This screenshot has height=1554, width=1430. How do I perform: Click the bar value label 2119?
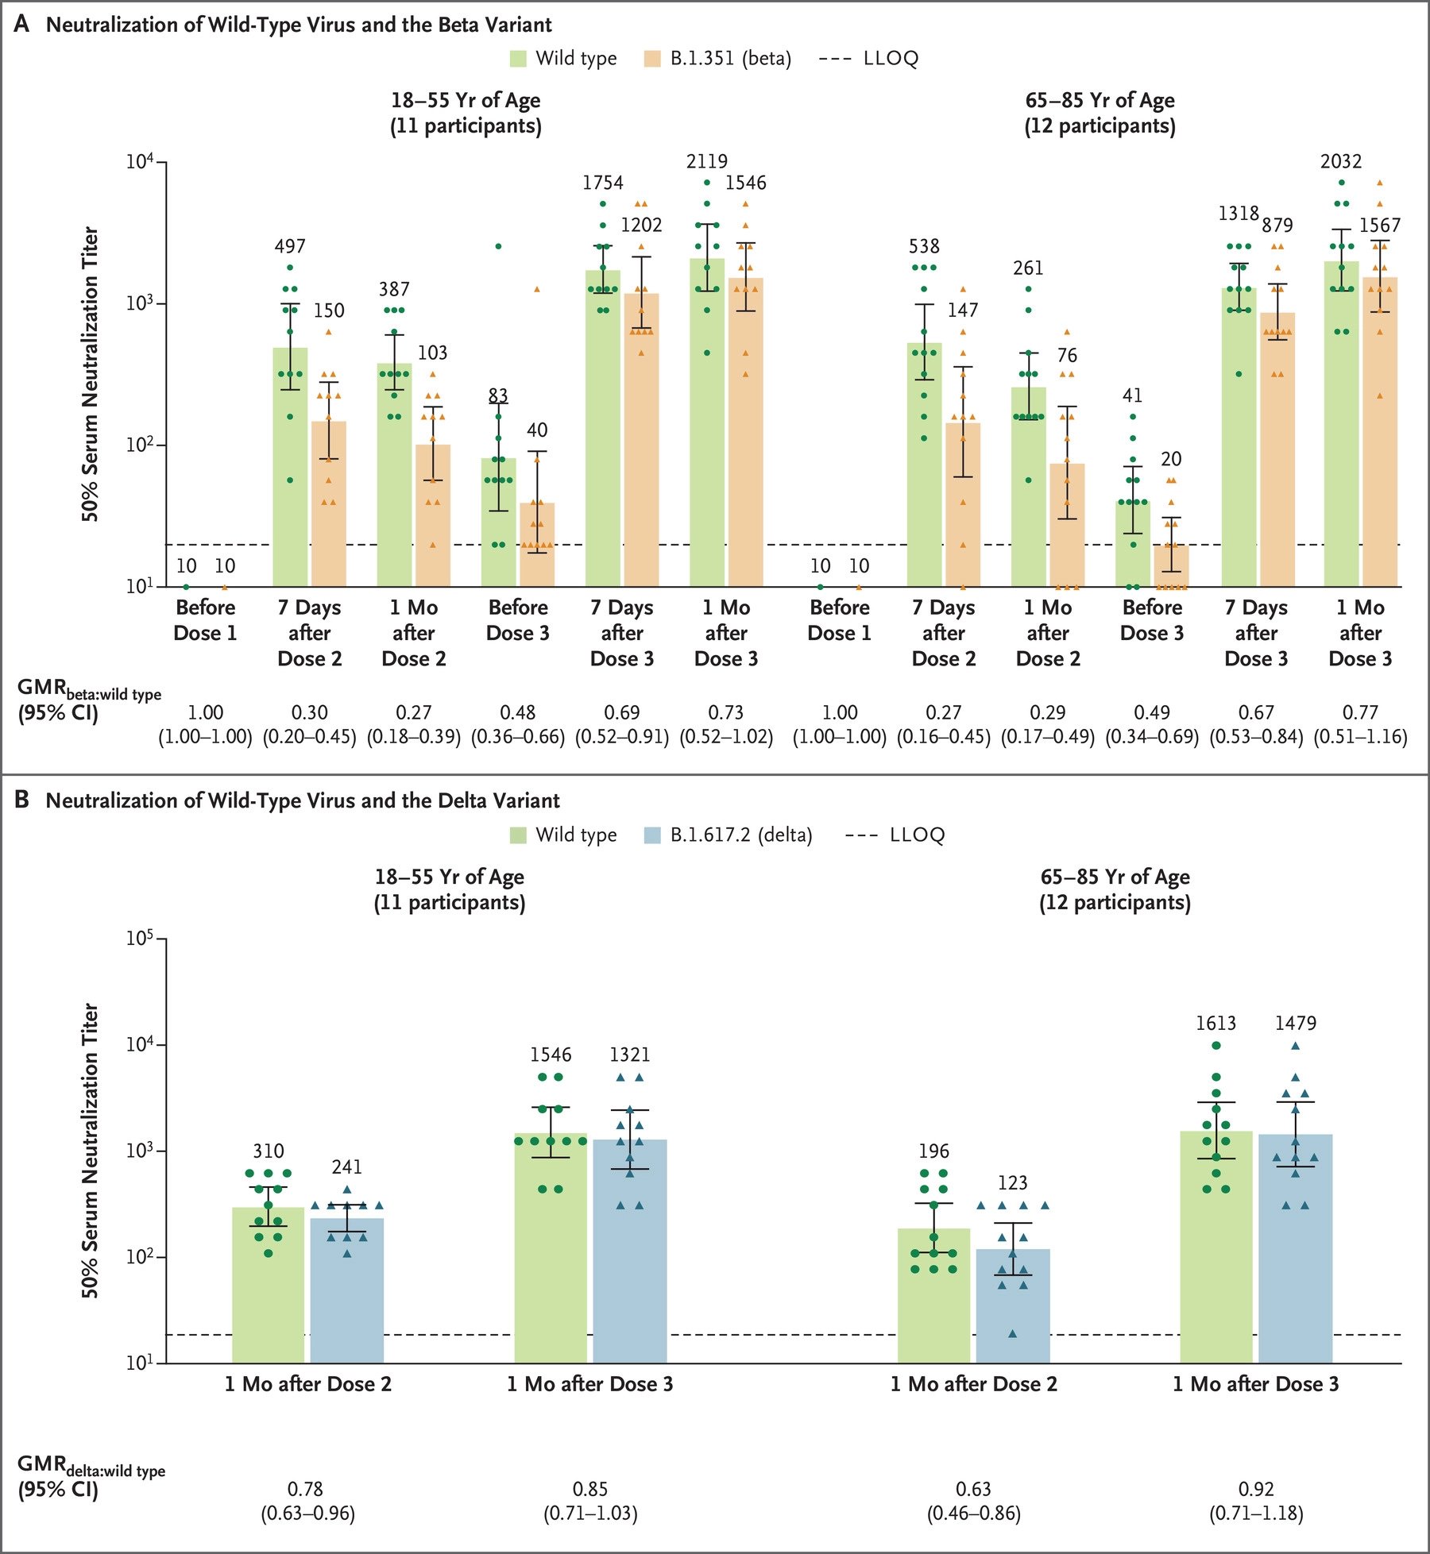click(707, 162)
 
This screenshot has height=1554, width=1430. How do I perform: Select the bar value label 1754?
click(603, 183)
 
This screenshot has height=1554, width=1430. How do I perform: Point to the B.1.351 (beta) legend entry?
click(717, 59)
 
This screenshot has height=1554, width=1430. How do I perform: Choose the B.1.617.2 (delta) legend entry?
click(728, 835)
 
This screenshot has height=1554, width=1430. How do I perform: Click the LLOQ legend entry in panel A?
click(869, 59)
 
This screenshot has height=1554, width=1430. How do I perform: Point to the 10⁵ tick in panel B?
click(140, 939)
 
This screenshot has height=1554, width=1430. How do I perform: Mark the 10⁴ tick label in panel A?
click(140, 163)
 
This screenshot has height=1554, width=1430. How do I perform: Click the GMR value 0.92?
click(1256, 1489)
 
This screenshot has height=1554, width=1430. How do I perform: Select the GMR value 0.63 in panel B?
click(973, 1489)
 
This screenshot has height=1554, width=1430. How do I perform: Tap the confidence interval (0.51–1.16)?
click(1360, 737)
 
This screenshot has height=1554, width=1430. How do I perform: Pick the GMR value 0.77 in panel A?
click(1360, 712)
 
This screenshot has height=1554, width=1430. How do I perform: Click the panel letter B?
click(22, 800)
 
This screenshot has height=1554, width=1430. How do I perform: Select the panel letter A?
click(22, 24)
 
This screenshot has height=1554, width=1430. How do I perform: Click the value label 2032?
click(1341, 162)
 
